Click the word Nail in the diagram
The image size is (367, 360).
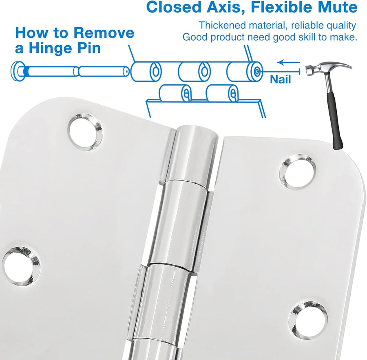280,79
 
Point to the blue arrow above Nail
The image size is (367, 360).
288,62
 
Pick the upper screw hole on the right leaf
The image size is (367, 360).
297,172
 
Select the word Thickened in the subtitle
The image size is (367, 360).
222,25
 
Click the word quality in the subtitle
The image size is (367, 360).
341,26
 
